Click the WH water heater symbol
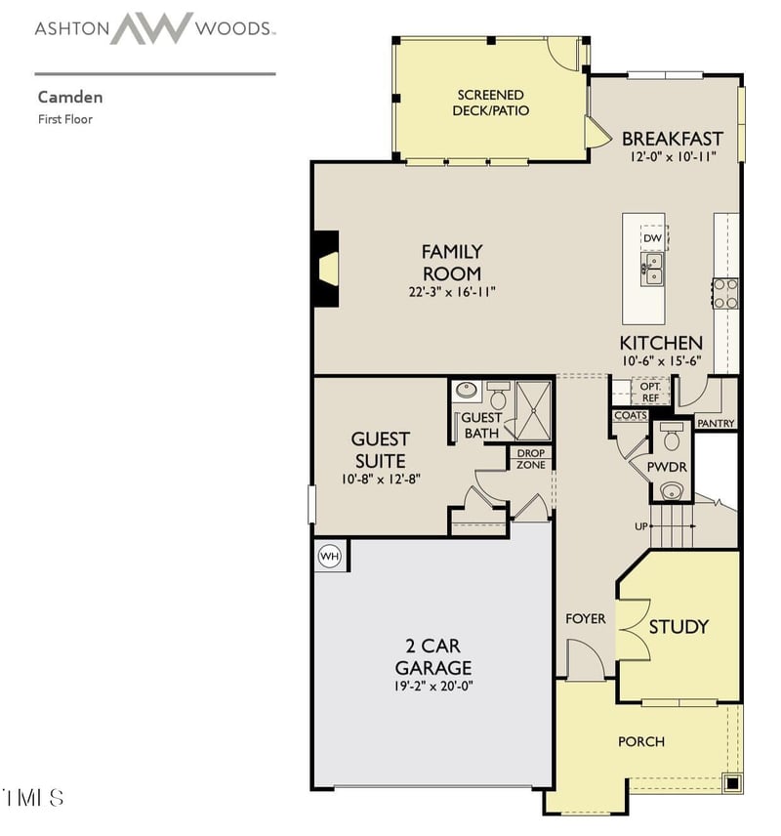click(329, 556)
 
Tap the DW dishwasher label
click(652, 238)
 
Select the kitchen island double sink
click(652, 270)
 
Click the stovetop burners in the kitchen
click(725, 294)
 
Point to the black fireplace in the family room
click(326, 269)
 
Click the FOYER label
click(586, 618)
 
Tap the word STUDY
click(678, 626)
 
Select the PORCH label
click(641, 741)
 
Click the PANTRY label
click(716, 423)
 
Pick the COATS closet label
click(631, 415)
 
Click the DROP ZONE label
click(531, 459)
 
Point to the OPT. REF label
click(650, 392)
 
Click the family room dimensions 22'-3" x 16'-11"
click(452, 292)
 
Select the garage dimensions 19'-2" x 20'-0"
click(433, 686)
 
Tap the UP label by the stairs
click(640, 526)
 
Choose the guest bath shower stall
click(533, 411)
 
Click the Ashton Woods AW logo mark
click(152, 28)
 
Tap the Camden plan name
click(70, 97)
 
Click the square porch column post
click(732, 782)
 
